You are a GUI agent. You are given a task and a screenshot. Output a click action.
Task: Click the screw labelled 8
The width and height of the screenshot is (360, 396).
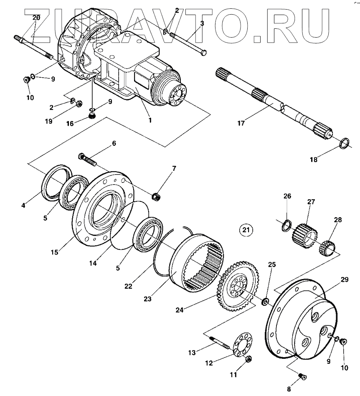302,377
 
